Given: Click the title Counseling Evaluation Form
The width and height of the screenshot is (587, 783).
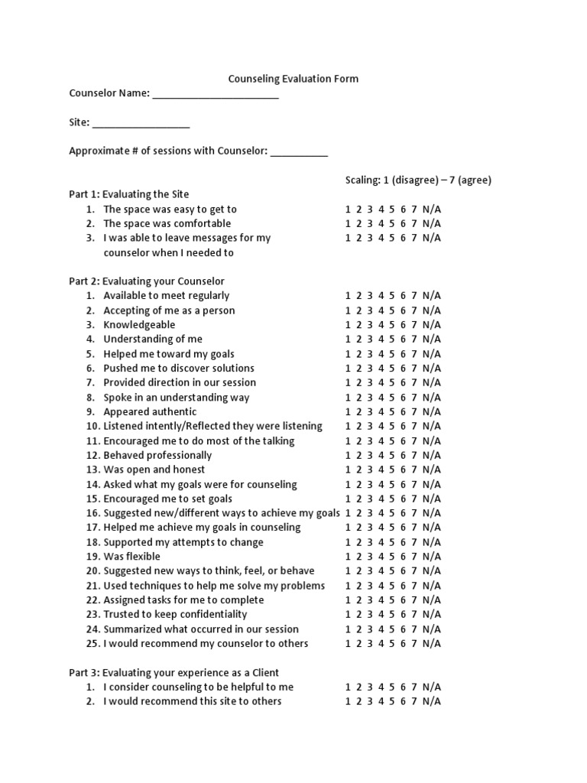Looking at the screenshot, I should [x=293, y=79].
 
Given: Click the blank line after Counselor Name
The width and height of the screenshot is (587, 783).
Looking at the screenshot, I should [x=216, y=96].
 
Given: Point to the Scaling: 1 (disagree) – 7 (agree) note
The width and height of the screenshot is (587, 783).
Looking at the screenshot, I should [x=418, y=180].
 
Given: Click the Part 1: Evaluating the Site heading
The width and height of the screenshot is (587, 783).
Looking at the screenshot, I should [x=129, y=194].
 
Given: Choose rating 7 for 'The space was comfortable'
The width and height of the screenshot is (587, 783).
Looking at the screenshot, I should [x=413, y=223].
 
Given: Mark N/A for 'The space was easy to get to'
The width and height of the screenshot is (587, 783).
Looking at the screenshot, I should [x=432, y=209].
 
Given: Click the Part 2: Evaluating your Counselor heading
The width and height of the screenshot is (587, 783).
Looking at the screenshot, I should [x=147, y=281].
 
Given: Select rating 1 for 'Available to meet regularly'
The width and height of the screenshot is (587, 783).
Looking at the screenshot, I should [x=348, y=296].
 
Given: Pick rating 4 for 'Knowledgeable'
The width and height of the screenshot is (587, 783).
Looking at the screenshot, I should [x=381, y=325].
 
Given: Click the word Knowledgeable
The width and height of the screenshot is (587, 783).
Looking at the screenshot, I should [x=139, y=325].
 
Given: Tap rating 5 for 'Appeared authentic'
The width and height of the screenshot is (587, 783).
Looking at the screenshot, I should [x=391, y=411].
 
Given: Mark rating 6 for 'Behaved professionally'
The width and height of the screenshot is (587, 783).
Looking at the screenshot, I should [x=403, y=455].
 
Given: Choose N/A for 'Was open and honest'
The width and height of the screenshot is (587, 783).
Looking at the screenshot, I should [x=432, y=469].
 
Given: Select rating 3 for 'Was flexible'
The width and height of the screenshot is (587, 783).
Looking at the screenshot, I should [x=369, y=557].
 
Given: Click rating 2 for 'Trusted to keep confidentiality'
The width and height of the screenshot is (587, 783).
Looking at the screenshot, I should [x=358, y=614].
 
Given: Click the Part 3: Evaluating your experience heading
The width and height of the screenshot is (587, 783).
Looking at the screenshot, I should [x=174, y=673].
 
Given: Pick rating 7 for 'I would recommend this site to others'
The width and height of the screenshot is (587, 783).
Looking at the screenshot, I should [x=413, y=701].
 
